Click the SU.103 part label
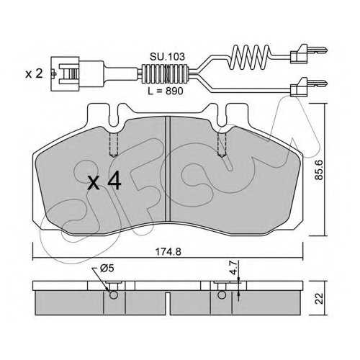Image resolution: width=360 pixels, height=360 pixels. tap(168, 57)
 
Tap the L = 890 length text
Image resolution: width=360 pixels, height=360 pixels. tap(166, 91)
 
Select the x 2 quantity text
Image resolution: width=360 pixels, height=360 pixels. tap(35, 74)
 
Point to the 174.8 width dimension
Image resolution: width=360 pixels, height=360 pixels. tap(168, 252)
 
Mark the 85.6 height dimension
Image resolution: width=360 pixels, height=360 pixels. tap(319, 170)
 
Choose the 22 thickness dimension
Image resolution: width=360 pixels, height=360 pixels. tap(319, 299)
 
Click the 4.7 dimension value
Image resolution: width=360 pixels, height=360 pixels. tap(234, 268)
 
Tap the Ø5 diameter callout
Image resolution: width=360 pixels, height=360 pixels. tap(107, 269)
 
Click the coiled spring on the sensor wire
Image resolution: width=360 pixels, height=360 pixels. tap(250, 56)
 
